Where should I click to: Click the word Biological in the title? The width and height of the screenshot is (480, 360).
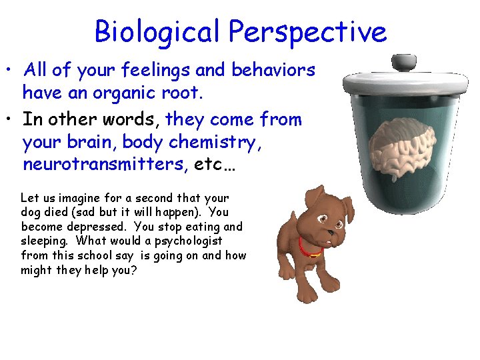point(158,32)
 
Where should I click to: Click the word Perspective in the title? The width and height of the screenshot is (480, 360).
point(307,32)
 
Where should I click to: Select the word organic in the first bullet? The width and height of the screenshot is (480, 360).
point(128,93)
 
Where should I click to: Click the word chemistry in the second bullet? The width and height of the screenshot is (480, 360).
point(217,142)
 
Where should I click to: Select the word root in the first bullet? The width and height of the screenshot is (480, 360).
point(183,93)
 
